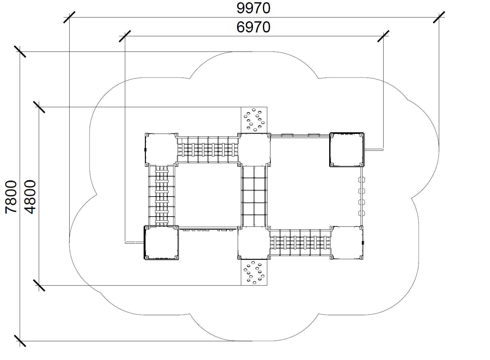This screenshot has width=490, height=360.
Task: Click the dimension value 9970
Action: click(x=253, y=8)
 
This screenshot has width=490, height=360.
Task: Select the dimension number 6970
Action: click(x=253, y=27)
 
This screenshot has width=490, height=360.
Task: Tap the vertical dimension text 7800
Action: click(x=11, y=197)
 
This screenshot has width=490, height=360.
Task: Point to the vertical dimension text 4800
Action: click(x=30, y=197)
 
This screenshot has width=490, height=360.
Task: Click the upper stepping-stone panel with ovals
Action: click(x=254, y=120)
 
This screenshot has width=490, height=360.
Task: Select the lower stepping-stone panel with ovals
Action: click(x=254, y=272)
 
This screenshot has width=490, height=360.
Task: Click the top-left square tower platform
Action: click(x=161, y=150)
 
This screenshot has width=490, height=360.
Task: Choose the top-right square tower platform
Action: click(x=347, y=150)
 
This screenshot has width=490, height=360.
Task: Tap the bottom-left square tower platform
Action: click(x=161, y=243)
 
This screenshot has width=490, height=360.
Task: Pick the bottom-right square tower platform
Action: click(x=347, y=243)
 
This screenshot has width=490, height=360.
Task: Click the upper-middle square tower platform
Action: click(x=254, y=150)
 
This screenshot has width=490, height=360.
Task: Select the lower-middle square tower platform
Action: click(x=254, y=243)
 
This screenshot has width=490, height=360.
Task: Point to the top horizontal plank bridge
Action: click(x=208, y=150)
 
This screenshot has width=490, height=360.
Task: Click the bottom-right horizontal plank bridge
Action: click(x=300, y=243)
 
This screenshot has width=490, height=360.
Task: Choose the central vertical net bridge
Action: click(x=254, y=196)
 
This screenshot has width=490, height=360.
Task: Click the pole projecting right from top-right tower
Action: click(x=374, y=150)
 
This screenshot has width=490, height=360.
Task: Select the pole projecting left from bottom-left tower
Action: click(x=134, y=243)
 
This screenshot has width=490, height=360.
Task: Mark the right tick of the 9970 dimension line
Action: click(x=439, y=17)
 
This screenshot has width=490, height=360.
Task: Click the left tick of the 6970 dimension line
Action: click(x=125, y=36)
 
